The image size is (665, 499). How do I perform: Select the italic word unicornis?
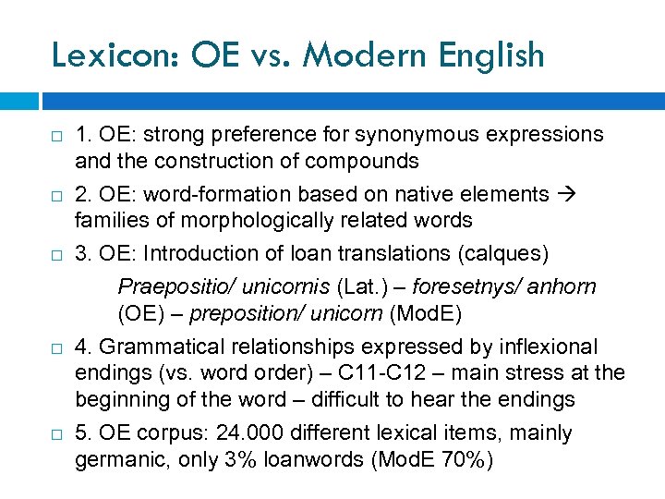tap(269, 287)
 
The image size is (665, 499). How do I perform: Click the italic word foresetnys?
tap(464, 287)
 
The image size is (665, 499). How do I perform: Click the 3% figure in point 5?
tap(241, 460)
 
